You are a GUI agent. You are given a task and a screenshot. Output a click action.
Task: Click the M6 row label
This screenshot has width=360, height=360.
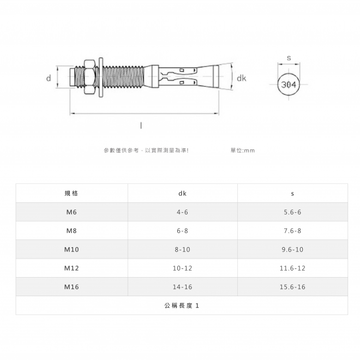pos(71,212)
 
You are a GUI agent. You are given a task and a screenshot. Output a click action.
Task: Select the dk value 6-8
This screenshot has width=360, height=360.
pos(182,231)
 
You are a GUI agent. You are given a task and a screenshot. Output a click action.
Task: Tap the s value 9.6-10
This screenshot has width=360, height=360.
pos(292,249)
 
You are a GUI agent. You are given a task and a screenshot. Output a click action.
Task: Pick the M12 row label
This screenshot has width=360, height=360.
pos(71,268)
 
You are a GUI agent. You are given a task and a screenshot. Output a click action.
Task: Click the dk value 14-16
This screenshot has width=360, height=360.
pos(182,287)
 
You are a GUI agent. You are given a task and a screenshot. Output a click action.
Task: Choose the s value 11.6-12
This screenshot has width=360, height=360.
pos(292,268)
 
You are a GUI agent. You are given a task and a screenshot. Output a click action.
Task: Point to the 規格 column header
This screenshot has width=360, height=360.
pos(71,193)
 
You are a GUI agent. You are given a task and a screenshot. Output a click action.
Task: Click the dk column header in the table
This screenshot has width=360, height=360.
pos(182,194)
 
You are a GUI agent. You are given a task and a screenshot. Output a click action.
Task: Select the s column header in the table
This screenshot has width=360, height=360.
pos(292,194)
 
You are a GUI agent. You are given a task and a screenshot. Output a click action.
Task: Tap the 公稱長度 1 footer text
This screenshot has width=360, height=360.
pos(182,305)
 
